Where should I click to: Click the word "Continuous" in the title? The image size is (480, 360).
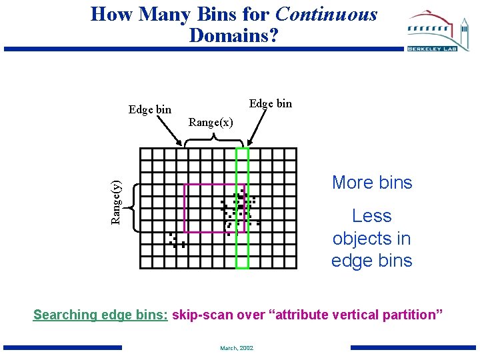click(x=326, y=14)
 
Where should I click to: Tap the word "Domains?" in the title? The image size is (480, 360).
click(x=233, y=35)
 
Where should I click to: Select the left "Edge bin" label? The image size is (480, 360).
click(x=150, y=109)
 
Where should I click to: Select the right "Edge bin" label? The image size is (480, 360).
click(x=270, y=103)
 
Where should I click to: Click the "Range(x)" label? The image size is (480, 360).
click(x=211, y=122)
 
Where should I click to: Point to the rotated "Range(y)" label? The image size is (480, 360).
click(x=116, y=202)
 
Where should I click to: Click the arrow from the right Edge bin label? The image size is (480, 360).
click(x=256, y=129)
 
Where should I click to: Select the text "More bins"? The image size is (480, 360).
click(x=372, y=183)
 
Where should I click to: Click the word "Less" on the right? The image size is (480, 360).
click(x=372, y=216)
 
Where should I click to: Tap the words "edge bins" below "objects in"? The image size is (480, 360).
click(x=372, y=260)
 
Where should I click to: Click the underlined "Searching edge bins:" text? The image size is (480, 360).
click(x=101, y=315)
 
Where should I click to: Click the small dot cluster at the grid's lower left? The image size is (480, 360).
click(x=176, y=241)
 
